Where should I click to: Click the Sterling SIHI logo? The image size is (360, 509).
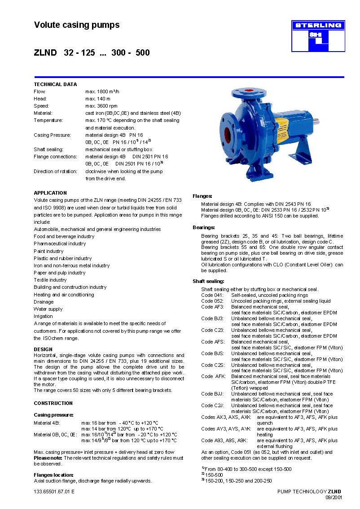click(x=318, y=36)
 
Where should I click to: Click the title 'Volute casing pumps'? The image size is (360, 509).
click(x=77, y=25)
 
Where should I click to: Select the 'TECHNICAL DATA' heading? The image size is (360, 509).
click(x=55, y=84)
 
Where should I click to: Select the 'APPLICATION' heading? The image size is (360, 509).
click(x=50, y=193)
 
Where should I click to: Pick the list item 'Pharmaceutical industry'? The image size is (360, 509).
click(x=60, y=244)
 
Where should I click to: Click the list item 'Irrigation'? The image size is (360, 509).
click(x=43, y=316)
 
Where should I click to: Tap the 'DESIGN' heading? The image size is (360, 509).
click(x=43, y=349)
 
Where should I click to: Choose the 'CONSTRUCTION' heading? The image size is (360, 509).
click(x=53, y=403)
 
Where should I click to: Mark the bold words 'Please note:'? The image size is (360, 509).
click(x=48, y=458)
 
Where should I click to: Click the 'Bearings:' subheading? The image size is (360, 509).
click(x=204, y=227)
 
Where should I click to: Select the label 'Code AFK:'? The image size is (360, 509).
click(x=213, y=376)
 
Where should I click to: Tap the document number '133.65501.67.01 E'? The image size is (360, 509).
click(x=54, y=492)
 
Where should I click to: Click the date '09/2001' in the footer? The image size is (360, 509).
click(x=333, y=497)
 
